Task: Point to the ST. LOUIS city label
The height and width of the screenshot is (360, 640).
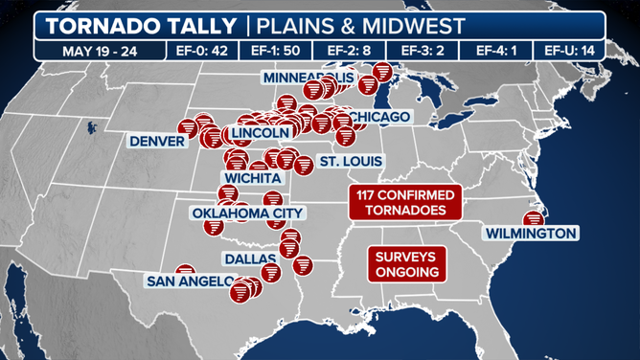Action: click(351, 161)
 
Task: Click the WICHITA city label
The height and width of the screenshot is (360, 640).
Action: click(252, 178)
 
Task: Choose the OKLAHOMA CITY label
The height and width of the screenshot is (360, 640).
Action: click(247, 213)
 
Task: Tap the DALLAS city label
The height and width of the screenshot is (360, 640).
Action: click(251, 259)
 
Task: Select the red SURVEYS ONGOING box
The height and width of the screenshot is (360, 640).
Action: click(405, 264)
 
